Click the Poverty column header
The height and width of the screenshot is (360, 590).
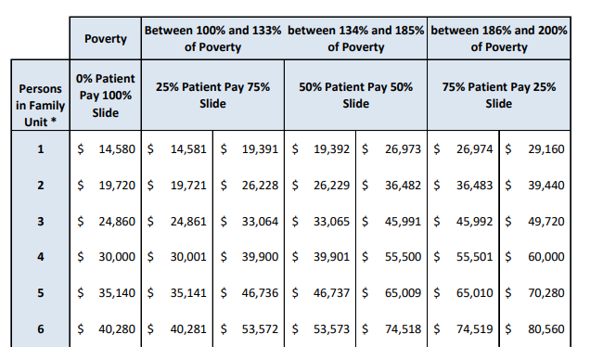(106, 39)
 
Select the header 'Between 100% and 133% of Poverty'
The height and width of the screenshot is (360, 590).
(212, 39)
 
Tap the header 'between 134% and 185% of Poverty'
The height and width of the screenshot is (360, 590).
(356, 39)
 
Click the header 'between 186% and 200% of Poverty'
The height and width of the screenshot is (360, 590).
(499, 39)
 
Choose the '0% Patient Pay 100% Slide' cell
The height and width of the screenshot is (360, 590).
(106, 96)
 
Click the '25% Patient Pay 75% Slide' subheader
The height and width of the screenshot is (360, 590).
(212, 96)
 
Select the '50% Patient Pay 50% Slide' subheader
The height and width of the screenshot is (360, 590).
(356, 96)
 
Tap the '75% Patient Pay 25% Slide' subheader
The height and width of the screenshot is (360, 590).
(499, 96)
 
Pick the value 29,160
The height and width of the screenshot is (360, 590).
(544, 148)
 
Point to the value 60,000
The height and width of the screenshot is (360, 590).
(544, 257)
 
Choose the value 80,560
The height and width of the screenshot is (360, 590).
(544, 328)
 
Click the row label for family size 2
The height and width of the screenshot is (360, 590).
(40, 186)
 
